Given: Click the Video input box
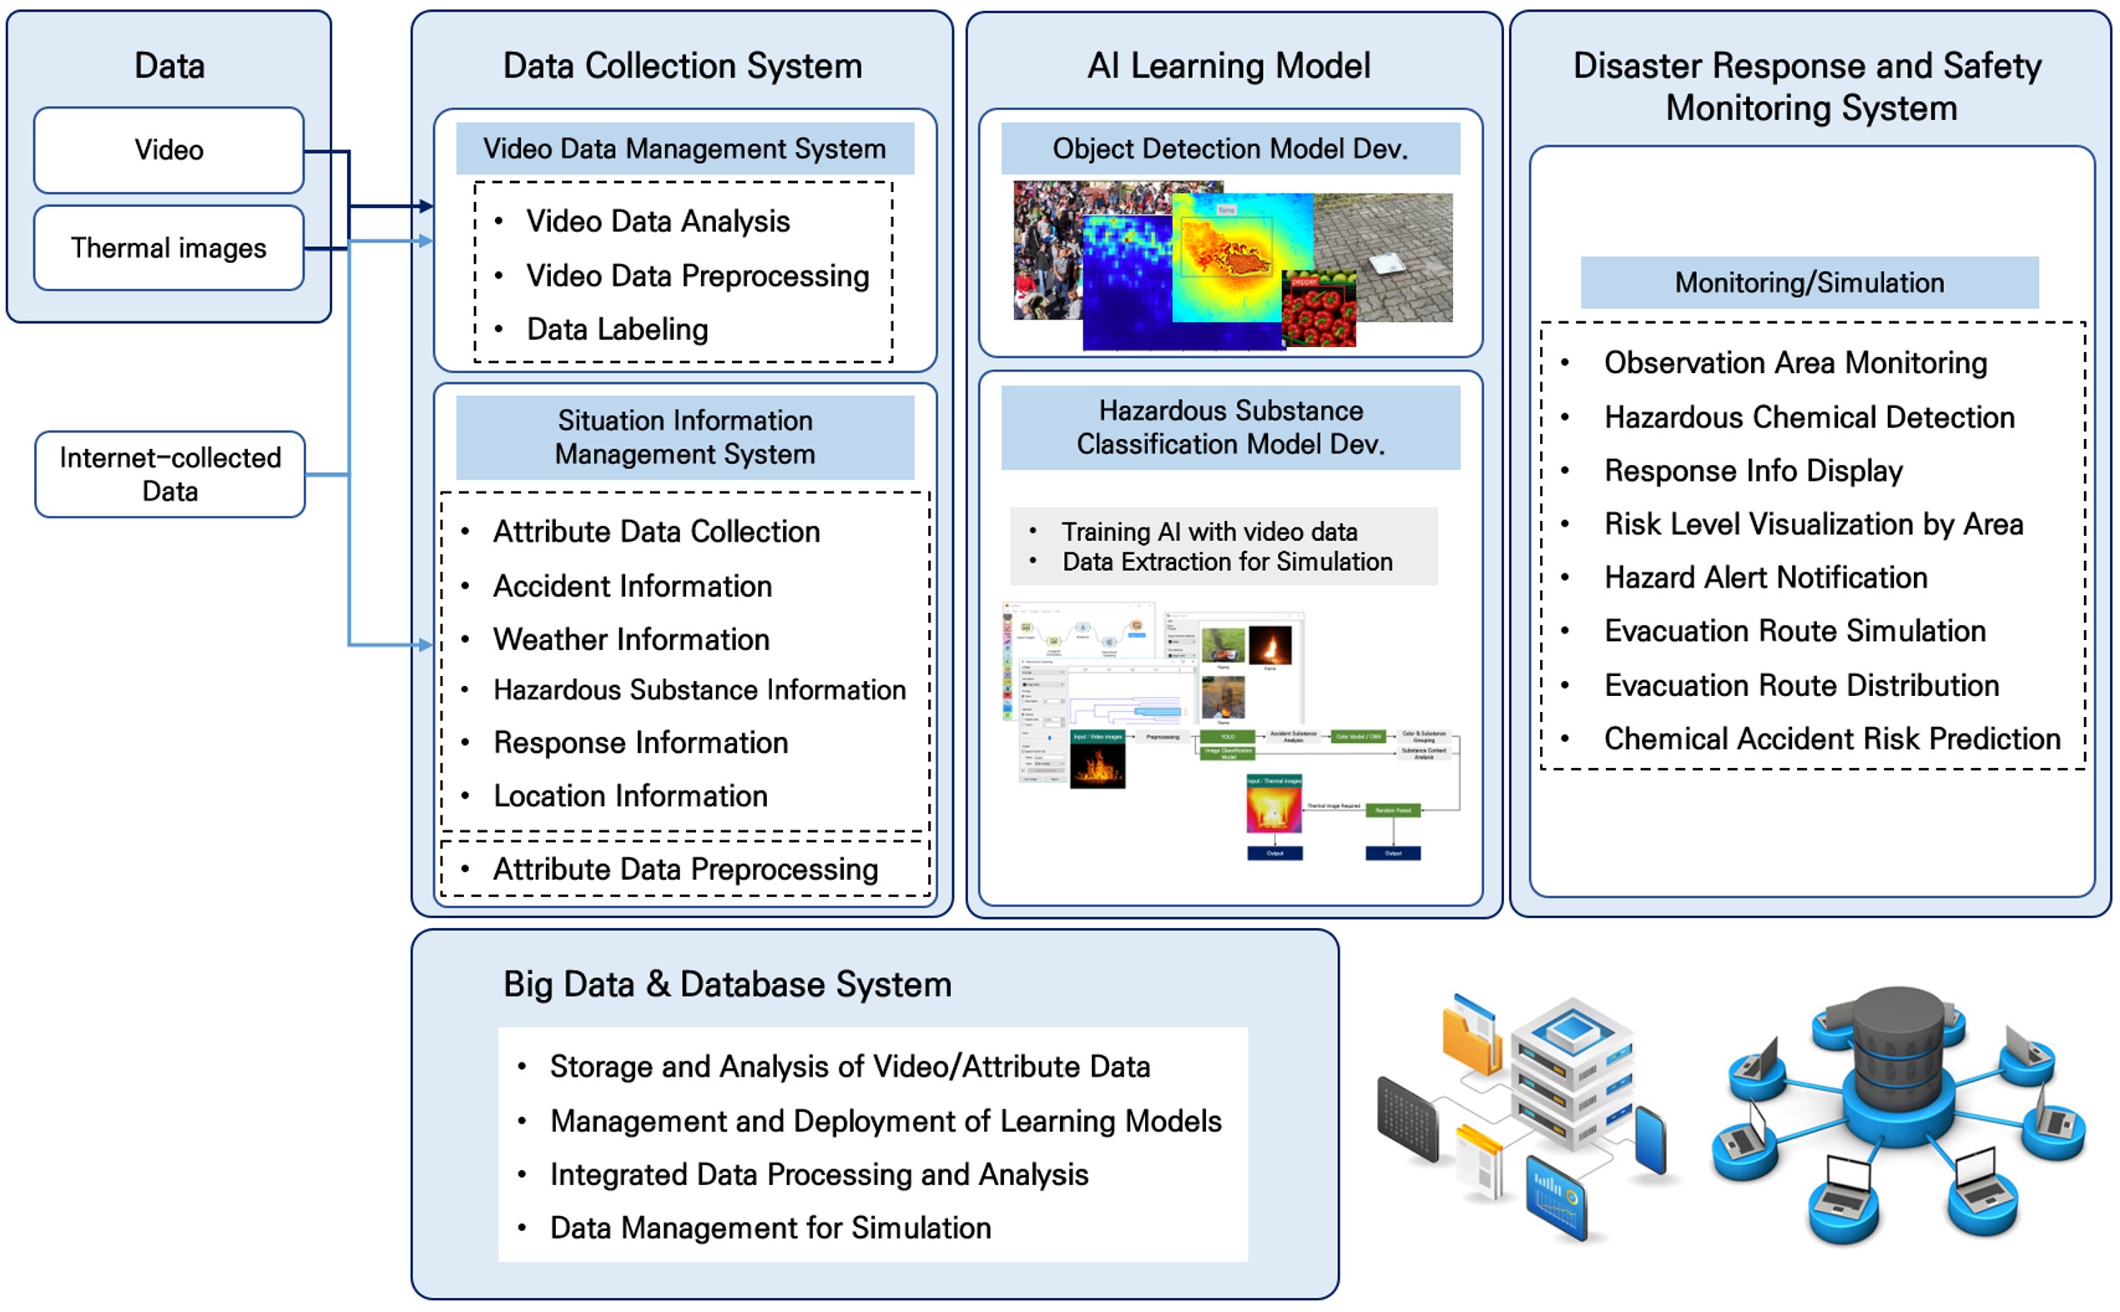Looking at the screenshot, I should [x=169, y=150].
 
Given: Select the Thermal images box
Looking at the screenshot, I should [x=169, y=248].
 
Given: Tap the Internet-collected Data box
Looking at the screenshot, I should [x=170, y=475].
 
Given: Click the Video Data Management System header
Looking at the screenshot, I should [x=684, y=149].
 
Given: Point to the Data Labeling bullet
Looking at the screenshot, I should [x=617, y=330].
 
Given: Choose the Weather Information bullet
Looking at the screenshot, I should [x=631, y=639].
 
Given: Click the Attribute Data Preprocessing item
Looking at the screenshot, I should [x=685, y=870].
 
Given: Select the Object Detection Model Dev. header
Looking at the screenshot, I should [x=1229, y=149].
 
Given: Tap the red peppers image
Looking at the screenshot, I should [x=1318, y=312].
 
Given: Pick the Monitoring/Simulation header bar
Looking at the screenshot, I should [x=1810, y=283].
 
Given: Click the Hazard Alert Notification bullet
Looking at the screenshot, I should [x=1765, y=578].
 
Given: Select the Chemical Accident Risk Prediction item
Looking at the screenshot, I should [x=1832, y=739].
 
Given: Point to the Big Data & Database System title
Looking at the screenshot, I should [x=727, y=985].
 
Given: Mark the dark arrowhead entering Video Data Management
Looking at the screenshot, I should [x=425, y=206].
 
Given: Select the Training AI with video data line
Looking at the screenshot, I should [x=1209, y=532].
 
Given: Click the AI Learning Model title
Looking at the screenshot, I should [x=1229, y=66].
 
